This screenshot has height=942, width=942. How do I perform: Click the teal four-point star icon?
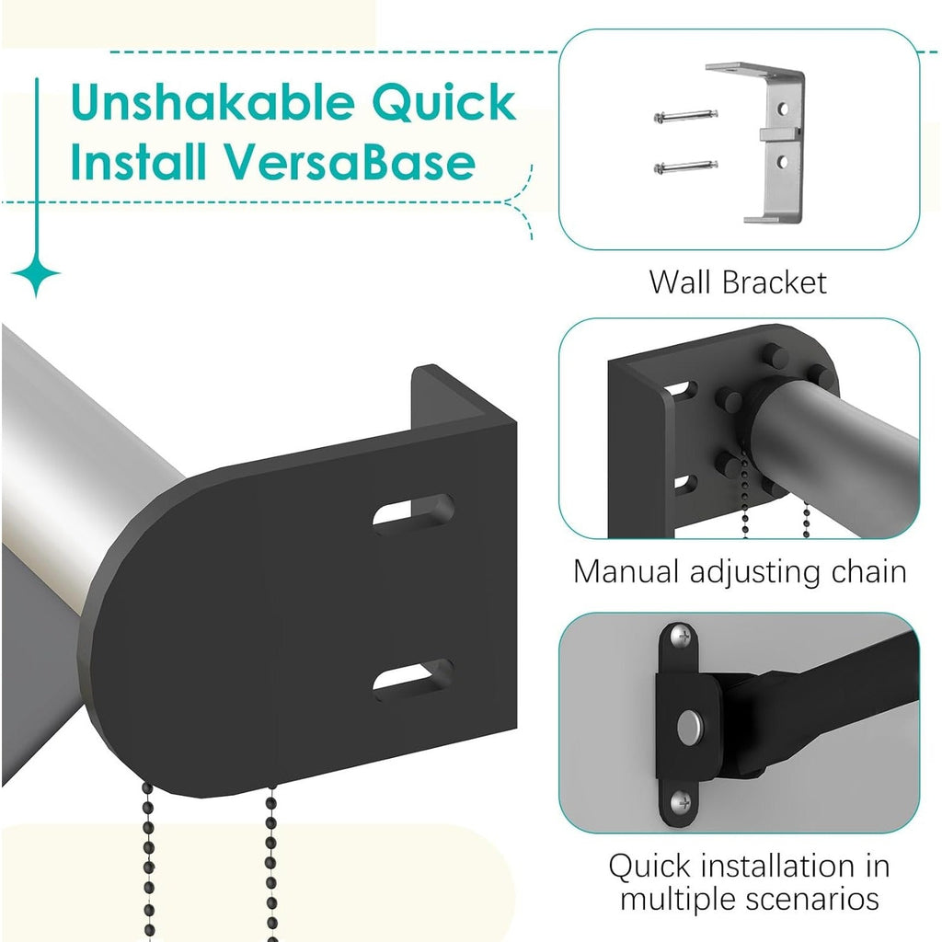click(x=37, y=275)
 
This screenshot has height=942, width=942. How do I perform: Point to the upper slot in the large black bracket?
click(x=413, y=511)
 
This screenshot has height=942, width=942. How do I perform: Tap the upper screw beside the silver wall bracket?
click(x=685, y=116)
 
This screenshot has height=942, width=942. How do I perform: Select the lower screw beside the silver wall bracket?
click(x=685, y=167)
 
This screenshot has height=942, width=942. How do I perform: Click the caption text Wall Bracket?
click(x=738, y=281)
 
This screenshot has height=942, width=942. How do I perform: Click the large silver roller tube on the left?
click(x=74, y=442)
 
